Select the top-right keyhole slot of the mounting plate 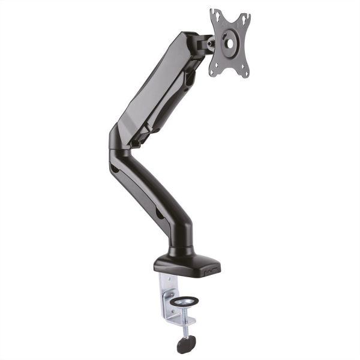[244, 19]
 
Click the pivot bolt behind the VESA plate [209, 43]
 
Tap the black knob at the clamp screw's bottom [187, 344]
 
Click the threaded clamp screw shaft [186, 324]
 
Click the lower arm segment [150, 192]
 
